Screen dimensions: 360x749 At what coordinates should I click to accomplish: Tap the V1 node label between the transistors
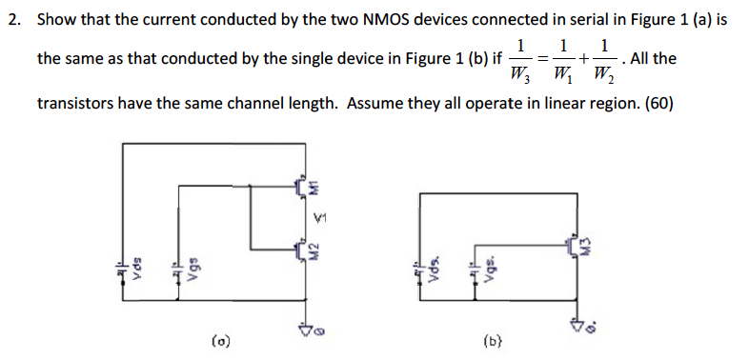(323, 220)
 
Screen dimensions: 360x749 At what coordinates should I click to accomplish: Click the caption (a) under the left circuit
(219, 339)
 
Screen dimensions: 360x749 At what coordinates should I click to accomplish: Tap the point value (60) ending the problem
(658, 103)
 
